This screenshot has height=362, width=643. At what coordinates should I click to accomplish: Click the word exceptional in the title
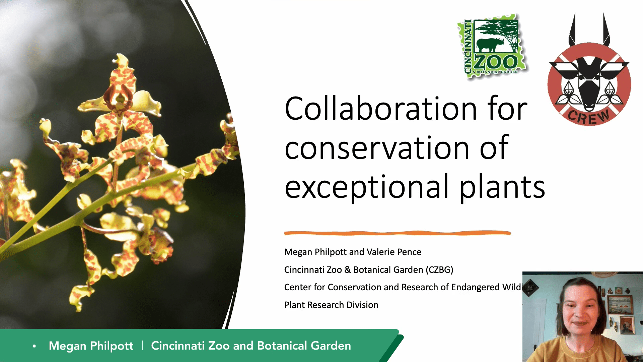click(367, 187)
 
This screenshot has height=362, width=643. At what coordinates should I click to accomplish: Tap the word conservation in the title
click(377, 148)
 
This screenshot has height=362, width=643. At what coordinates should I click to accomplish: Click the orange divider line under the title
click(397, 233)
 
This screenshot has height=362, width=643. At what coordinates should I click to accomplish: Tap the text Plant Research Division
click(331, 305)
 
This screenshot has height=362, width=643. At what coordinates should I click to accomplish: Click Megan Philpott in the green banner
click(91, 346)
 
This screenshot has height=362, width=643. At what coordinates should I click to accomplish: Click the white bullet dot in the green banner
click(34, 346)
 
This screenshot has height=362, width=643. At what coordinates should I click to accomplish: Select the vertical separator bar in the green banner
click(143, 346)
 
